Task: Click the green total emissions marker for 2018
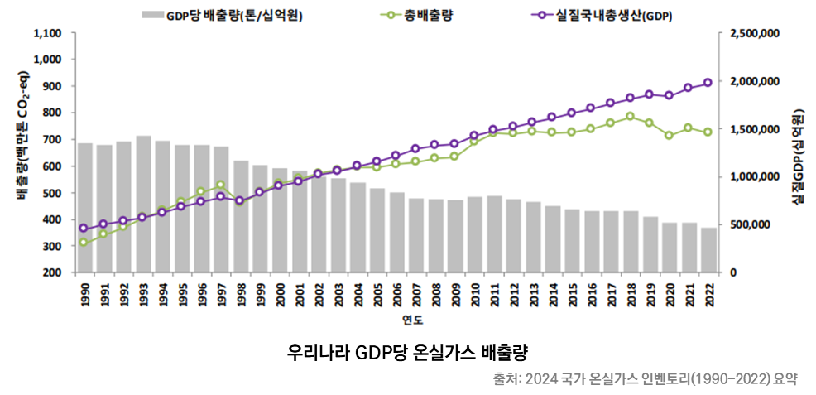pyautogui.click(x=631, y=116)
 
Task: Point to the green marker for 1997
pyautogui.click(x=220, y=185)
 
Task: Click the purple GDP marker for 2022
pyautogui.click(x=708, y=83)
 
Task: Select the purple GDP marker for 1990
pyautogui.click(x=84, y=228)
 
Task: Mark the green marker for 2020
pyautogui.click(x=669, y=135)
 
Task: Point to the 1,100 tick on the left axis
pyautogui.click(x=47, y=33)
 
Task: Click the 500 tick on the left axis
pyautogui.click(x=51, y=193)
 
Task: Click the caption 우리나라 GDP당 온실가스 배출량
pyautogui.click(x=407, y=352)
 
